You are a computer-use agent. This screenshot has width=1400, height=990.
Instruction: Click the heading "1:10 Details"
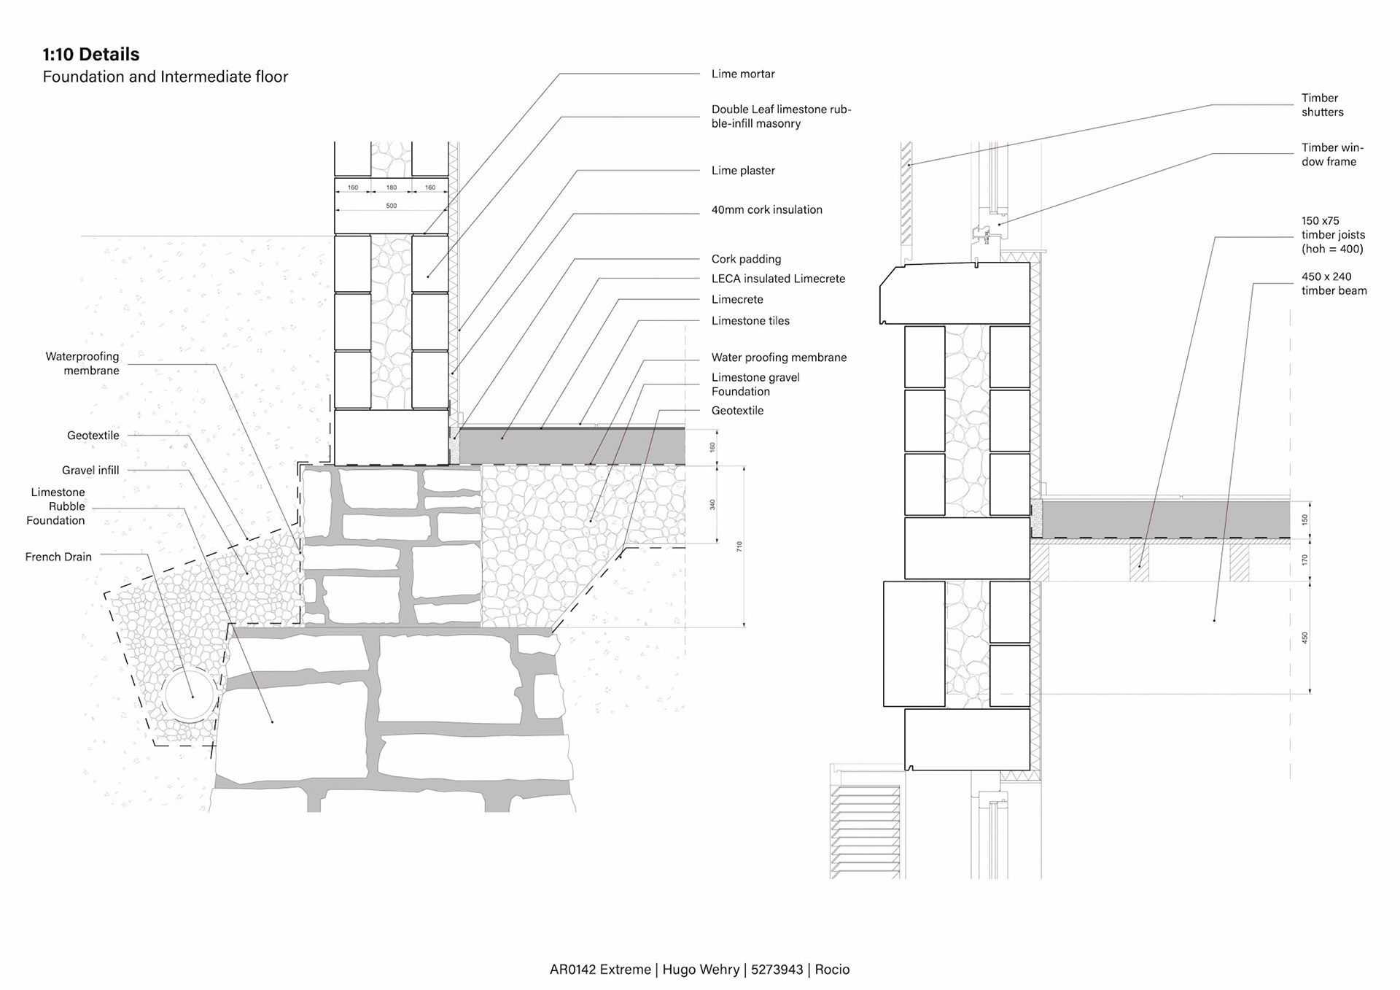coord(91,54)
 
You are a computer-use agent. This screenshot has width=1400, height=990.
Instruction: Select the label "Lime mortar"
coord(742,74)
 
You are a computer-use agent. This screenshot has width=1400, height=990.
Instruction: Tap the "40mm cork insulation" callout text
coord(766,209)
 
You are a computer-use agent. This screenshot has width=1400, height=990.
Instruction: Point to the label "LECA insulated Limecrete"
coord(778,279)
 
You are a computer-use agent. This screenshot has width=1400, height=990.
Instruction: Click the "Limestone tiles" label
coord(750,320)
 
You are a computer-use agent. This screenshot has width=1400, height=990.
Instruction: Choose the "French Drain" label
coord(58,557)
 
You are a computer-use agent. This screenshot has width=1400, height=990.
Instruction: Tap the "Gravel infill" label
coord(90,471)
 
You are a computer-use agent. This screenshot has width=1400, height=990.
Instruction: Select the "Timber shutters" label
coord(1322,105)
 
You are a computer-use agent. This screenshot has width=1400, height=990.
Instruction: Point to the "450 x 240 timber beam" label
coord(1334,284)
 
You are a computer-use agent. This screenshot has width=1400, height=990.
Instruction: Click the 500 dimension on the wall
coord(392,206)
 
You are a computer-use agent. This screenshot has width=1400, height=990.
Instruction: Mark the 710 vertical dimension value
coord(739,546)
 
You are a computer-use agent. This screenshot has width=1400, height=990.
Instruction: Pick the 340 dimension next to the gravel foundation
coord(712,504)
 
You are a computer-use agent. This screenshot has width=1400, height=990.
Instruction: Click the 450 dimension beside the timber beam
coord(1304,637)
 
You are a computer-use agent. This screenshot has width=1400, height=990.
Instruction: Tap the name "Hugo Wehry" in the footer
coord(700,970)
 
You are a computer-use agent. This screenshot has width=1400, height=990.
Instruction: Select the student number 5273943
coord(777,970)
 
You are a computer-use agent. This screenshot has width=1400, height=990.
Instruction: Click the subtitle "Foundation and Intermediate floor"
coord(166,77)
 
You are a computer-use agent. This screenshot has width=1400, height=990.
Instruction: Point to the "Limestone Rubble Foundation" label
coord(56,506)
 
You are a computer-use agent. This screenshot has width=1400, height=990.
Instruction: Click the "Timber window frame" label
coord(1331,155)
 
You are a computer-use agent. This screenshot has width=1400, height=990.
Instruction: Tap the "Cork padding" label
coord(746,259)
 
